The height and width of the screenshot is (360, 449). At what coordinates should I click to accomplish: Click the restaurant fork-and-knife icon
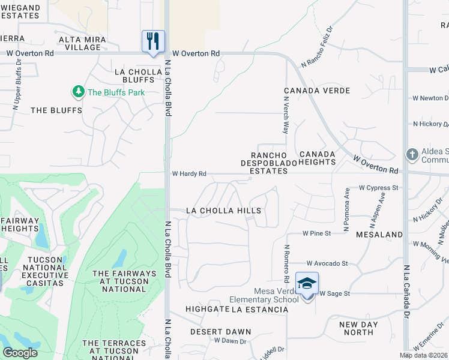(x=153, y=41)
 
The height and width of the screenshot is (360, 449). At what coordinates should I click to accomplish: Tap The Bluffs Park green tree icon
(x=78, y=92)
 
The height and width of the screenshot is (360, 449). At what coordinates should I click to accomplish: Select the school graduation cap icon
(x=307, y=284)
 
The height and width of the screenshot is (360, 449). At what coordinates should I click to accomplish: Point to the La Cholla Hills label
(x=223, y=211)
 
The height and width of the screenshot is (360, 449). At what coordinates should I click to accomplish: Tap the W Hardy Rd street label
(x=189, y=174)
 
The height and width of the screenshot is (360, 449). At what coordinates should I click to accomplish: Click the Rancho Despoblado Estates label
(x=265, y=163)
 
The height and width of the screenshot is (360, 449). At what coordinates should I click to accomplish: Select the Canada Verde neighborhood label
(x=316, y=91)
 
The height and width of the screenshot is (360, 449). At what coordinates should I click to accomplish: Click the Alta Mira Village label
(x=83, y=43)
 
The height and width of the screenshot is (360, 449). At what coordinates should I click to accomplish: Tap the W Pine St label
(x=317, y=233)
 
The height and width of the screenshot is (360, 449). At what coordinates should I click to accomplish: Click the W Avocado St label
(x=327, y=263)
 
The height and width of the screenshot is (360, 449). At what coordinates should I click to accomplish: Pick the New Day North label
(x=359, y=328)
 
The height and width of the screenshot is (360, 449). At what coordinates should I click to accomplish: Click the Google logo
(x=20, y=353)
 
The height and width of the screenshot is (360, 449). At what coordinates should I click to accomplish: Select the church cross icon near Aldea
(x=412, y=155)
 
